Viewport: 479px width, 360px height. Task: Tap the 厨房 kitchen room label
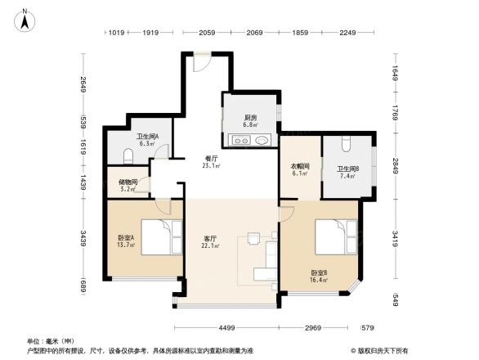250,121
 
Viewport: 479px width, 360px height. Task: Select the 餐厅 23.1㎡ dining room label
211,162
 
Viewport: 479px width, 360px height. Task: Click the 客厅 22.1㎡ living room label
211,241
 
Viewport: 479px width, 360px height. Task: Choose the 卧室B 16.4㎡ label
319,276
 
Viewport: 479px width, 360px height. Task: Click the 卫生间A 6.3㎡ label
147,140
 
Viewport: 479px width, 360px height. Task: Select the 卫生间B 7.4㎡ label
345,172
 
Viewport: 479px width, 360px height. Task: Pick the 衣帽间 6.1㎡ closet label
299,169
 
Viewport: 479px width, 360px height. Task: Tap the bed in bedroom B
336,236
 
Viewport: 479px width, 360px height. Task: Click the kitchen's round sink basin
261,141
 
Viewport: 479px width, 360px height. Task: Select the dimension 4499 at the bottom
227,328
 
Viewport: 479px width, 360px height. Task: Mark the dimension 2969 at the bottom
318,328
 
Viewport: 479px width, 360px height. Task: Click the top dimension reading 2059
206,34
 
